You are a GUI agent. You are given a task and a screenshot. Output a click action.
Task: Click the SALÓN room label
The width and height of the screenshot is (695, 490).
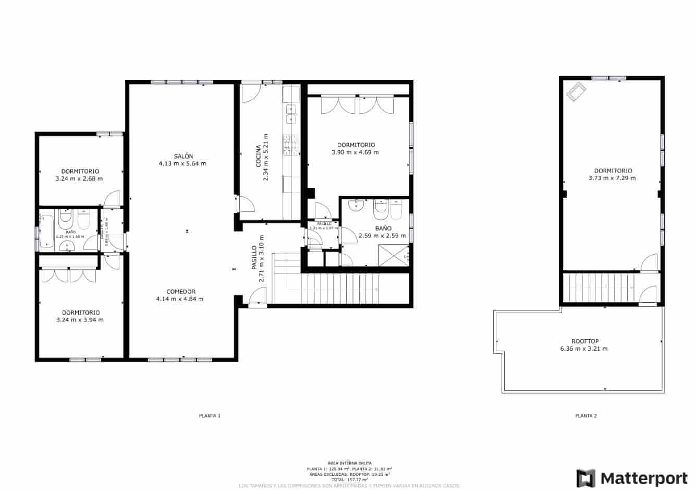(x=183, y=156)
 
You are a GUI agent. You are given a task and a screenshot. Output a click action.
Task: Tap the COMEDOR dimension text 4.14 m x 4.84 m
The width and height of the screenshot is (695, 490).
(x=180, y=299)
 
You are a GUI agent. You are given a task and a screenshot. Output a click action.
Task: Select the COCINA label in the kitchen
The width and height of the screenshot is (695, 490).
(x=258, y=156)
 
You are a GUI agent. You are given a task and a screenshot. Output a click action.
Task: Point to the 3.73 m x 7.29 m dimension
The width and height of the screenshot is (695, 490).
(x=613, y=178)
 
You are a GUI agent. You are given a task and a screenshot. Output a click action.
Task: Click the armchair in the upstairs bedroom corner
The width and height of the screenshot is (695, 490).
(x=576, y=91)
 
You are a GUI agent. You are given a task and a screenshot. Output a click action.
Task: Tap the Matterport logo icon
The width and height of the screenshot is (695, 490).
(x=586, y=477)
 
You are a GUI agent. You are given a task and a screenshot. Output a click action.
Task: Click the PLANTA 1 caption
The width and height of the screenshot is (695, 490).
(x=210, y=416)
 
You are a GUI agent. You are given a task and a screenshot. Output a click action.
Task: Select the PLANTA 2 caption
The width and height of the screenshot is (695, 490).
(x=586, y=416)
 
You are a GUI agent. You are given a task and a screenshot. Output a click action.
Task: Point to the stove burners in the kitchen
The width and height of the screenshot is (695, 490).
(x=290, y=145)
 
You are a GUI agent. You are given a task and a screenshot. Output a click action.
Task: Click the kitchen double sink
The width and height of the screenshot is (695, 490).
(x=290, y=114)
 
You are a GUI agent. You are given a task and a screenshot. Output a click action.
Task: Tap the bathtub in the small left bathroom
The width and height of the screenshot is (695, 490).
(x=47, y=231)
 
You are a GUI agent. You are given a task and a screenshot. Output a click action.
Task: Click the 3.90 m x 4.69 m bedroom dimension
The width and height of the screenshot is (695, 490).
(x=355, y=152)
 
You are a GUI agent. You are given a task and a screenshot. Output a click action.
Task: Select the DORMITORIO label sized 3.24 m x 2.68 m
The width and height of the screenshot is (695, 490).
(x=80, y=171)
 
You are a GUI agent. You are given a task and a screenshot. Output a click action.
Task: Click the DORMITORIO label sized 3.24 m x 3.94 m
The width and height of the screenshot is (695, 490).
(x=80, y=313)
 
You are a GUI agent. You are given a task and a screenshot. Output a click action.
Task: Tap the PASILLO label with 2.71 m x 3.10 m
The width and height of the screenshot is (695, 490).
(x=254, y=257)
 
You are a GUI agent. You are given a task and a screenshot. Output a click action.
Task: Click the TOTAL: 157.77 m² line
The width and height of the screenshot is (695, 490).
(x=349, y=479)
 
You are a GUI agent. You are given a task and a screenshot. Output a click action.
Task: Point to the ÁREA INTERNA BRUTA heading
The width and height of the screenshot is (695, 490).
(x=349, y=463)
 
